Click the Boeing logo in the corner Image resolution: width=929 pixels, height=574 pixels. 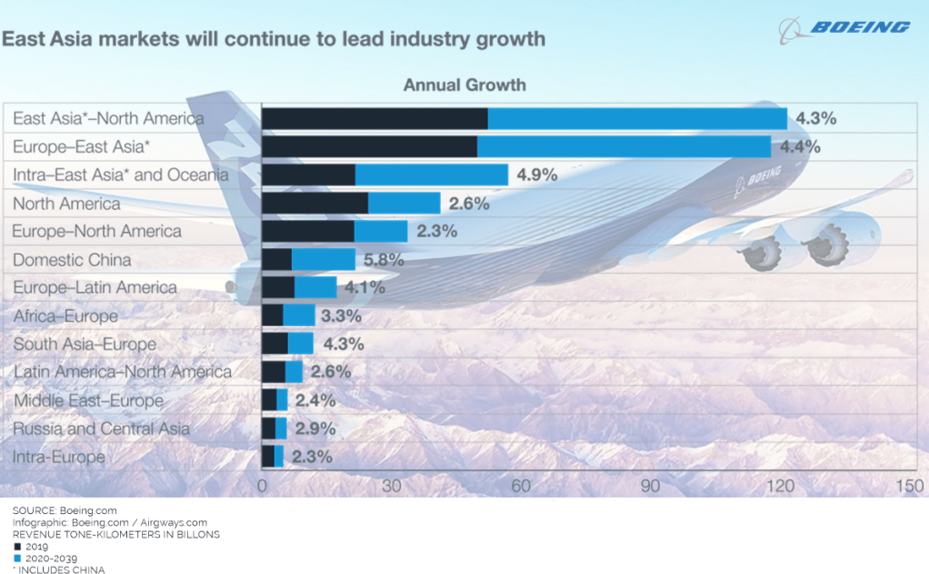[x=844, y=28]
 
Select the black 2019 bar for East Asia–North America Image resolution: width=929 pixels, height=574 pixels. [x=375, y=118]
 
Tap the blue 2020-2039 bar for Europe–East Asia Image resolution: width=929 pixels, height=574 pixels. [x=624, y=146]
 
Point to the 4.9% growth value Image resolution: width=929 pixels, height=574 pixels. [x=537, y=175]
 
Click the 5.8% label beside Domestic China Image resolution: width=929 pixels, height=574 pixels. [x=384, y=259]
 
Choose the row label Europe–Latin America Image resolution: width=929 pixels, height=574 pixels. [x=95, y=287]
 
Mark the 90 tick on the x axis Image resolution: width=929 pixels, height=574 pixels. [x=651, y=486]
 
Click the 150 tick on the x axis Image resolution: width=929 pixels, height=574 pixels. [x=910, y=486]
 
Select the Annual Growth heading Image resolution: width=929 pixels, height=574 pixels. [x=464, y=86]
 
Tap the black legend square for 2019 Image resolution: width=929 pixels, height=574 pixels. [x=16, y=547]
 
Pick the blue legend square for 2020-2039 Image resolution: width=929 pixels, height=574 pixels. [x=16, y=558]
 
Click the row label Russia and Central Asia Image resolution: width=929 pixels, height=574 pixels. [x=101, y=428]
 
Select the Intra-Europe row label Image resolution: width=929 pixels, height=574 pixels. [x=59, y=457]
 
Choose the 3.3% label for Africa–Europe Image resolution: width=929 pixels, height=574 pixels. [x=342, y=316]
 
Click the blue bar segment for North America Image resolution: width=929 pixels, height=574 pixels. [x=404, y=203]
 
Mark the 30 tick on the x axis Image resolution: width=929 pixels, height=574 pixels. [x=392, y=486]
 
